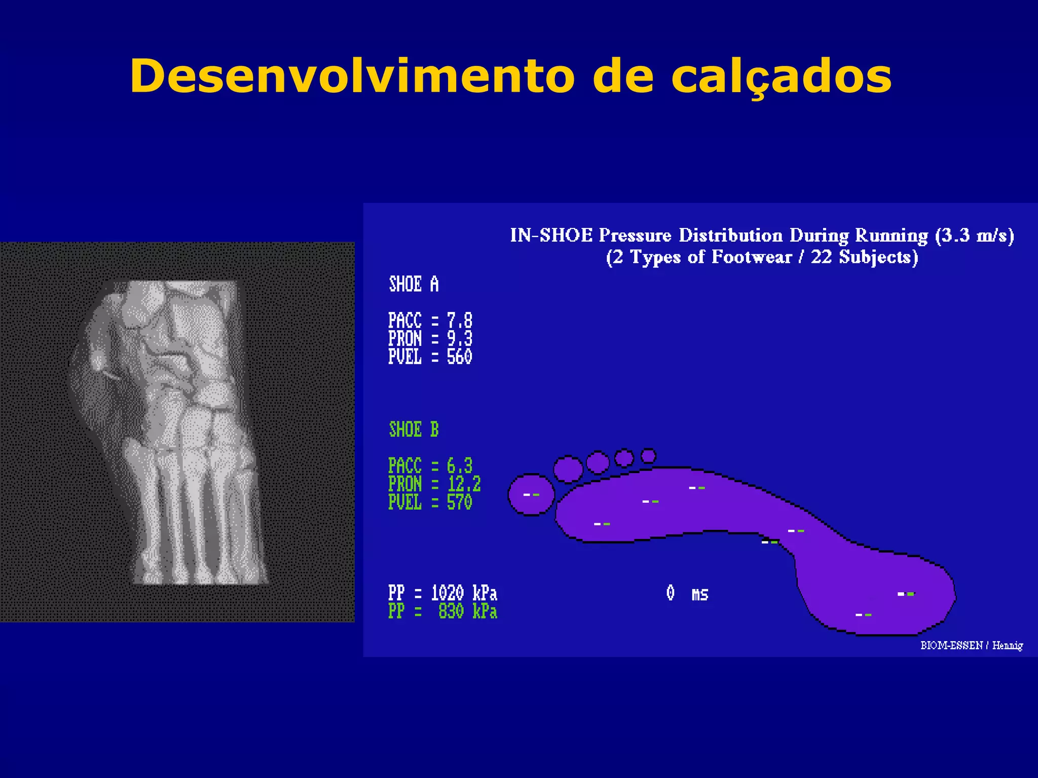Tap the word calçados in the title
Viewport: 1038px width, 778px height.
tap(781, 77)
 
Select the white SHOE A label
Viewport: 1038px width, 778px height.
tap(414, 284)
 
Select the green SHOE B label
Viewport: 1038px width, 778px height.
tap(414, 430)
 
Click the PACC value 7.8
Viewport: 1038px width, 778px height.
tap(459, 321)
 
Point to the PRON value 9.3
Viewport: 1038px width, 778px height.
tap(459, 338)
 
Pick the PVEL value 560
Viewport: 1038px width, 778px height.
tap(459, 357)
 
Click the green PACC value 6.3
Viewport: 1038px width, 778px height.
tap(459, 465)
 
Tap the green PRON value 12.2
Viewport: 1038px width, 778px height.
tap(464, 484)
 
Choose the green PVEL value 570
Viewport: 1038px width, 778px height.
tap(459, 502)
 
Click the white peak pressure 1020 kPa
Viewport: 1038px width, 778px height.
tap(464, 593)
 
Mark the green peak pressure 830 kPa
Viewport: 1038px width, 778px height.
tap(467, 611)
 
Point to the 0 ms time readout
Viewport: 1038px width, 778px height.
tap(687, 593)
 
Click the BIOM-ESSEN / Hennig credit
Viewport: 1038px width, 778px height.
tap(971, 645)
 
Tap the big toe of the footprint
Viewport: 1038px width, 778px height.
tap(531, 495)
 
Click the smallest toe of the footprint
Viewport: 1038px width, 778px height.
tap(648, 456)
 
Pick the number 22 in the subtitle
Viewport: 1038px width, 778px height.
tap(821, 257)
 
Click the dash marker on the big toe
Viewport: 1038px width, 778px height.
tap(531, 494)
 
